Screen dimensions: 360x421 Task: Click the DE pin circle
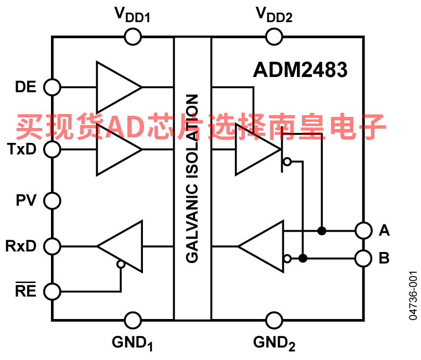pyautogui.click(x=53, y=87)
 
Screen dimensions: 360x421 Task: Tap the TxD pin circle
pyautogui.click(x=53, y=149)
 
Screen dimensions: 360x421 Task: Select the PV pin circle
pyautogui.click(x=53, y=200)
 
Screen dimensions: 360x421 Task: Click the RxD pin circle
pyautogui.click(x=53, y=245)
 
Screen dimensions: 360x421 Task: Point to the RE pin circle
pyautogui.click(x=53, y=290)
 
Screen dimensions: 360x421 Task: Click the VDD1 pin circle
pyautogui.click(x=132, y=37)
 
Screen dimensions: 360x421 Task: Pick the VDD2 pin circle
pyautogui.click(x=274, y=37)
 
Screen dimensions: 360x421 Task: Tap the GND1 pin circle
pyautogui.click(x=132, y=320)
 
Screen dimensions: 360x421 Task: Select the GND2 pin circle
pyautogui.click(x=274, y=320)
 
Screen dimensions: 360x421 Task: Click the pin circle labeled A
pyautogui.click(x=363, y=230)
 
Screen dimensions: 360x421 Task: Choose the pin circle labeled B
pyautogui.click(x=363, y=258)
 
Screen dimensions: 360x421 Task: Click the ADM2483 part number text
pyautogui.click(x=300, y=70)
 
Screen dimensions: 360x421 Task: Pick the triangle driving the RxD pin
pyautogui.click(x=123, y=245)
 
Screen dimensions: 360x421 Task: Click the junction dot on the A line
pyautogui.click(x=321, y=230)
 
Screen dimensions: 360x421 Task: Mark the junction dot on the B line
pyautogui.click(x=302, y=258)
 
